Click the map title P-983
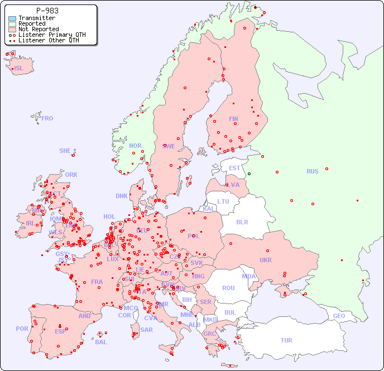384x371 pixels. point(47,11)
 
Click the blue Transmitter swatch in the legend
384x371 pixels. point(12,18)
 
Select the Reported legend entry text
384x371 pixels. point(31,24)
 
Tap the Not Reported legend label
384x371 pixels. point(38,30)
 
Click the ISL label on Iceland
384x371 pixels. point(19,69)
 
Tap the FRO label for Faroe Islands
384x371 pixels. point(47,118)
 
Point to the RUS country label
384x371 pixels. point(312,171)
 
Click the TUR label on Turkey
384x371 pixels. point(286,340)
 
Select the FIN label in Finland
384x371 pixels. point(233,119)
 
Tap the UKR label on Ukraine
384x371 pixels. point(266,260)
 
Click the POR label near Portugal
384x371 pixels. point(22,329)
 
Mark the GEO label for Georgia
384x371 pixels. point(339,316)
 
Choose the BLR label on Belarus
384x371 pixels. point(242,221)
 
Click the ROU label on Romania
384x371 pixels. point(228,288)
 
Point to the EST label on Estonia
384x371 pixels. point(234,168)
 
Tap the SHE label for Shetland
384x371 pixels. point(65,151)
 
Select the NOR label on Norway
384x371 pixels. point(136,146)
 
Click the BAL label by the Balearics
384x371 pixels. point(101,342)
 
